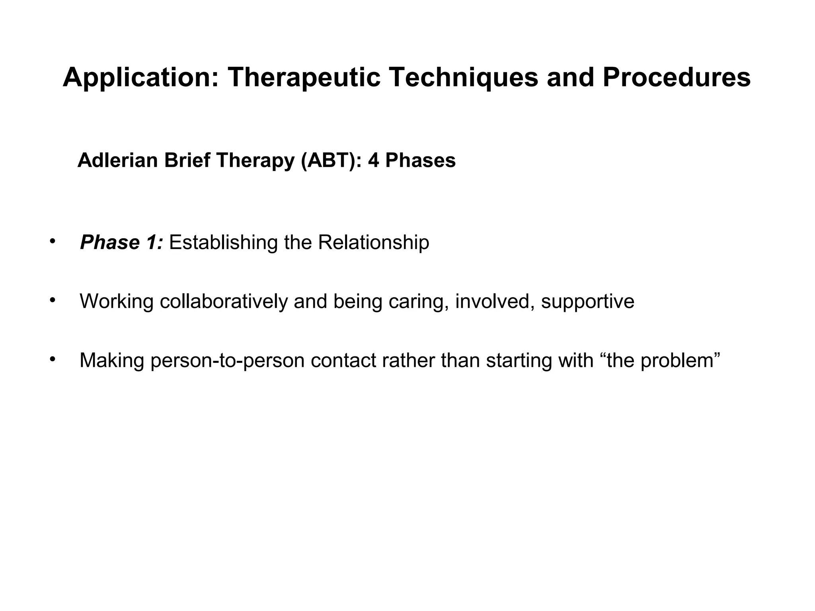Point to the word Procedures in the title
pos(677,78)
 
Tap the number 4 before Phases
pos(373,161)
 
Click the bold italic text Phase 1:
pos(121,242)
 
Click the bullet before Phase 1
pos(52,241)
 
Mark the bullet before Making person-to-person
pos(52,359)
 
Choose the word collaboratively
pos(224,301)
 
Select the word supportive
pos(588,301)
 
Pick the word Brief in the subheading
pos(187,161)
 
